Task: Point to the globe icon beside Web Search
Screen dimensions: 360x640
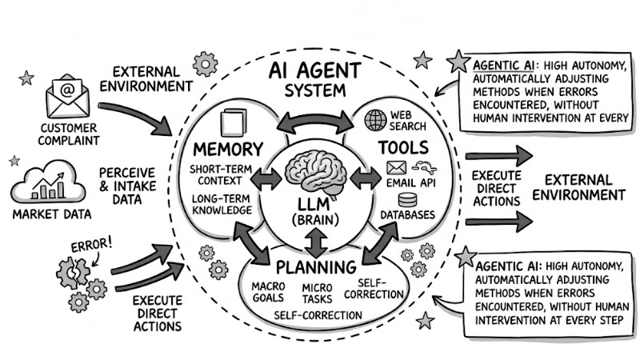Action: click(375, 120)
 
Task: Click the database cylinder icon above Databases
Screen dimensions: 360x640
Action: click(408, 200)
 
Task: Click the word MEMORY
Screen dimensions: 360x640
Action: click(228, 149)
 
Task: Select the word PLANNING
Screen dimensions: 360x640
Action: click(316, 267)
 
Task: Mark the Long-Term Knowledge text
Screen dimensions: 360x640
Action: click(222, 203)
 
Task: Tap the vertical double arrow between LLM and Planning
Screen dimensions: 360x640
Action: click(318, 242)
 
